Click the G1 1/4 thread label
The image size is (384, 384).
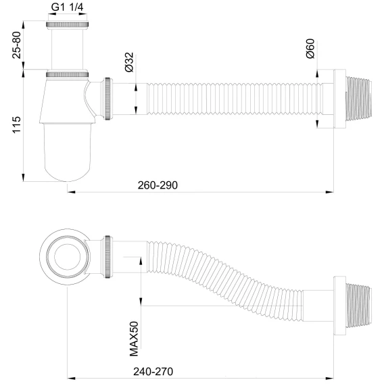pyautogui.click(x=67, y=7)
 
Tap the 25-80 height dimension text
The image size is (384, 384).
pyautogui.click(x=17, y=45)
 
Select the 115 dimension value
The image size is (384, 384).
pyautogui.click(x=17, y=125)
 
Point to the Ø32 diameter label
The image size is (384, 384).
pyautogui.click(x=129, y=62)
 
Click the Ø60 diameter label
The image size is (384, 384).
pyautogui.click(x=310, y=49)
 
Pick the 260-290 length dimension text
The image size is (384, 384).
pyautogui.click(x=158, y=185)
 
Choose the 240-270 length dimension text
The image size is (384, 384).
pyautogui.click(x=153, y=372)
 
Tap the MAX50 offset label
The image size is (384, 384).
pyautogui.click(x=134, y=339)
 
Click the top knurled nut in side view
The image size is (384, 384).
pyautogui.click(x=67, y=24)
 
